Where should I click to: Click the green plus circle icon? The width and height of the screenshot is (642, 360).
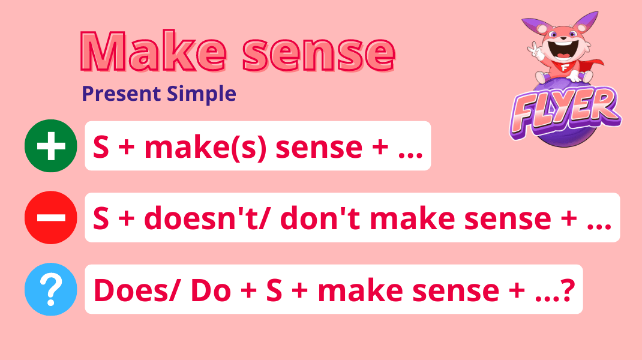coord(50,146)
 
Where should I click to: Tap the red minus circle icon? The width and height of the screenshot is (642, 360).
coord(50,217)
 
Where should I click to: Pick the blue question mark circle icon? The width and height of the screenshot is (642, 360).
coord(50,289)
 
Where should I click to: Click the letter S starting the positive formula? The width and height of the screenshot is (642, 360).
coord(101,146)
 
